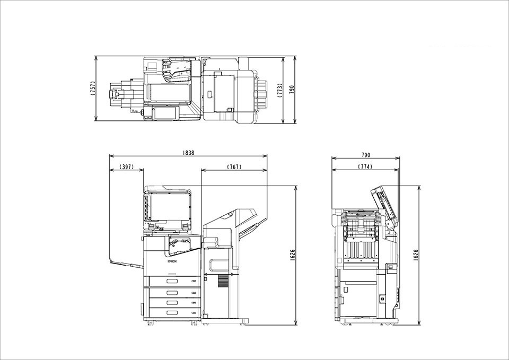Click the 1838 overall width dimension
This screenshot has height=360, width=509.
188,153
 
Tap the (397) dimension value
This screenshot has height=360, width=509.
127,166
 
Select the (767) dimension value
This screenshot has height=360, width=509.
234,167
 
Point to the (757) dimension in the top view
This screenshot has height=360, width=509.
93,89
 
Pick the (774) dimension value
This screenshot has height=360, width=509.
365,166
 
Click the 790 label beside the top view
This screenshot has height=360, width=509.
291,90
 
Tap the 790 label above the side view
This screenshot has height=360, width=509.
365,155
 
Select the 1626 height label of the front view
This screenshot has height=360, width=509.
293,255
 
